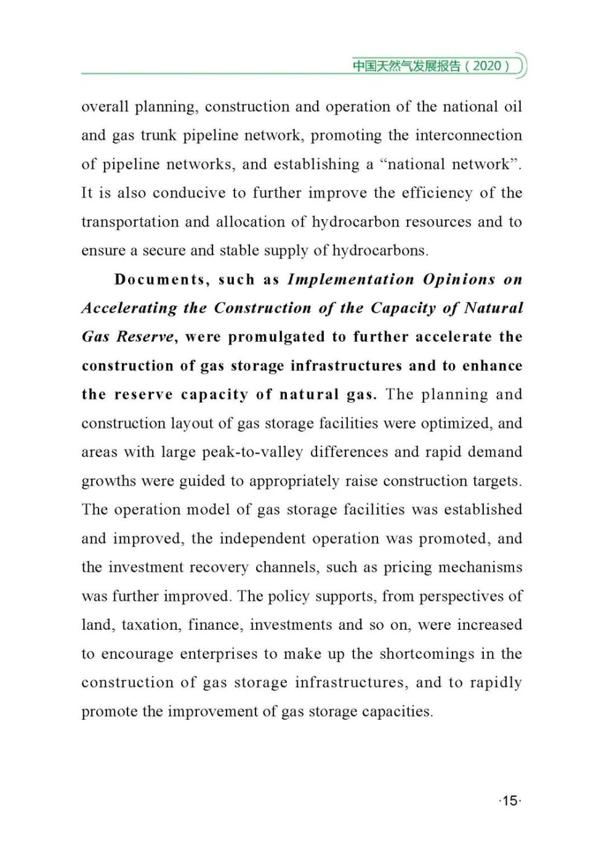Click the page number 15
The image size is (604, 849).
[510, 801]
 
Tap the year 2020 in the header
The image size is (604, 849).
[487, 66]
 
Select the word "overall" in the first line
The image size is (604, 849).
[105, 107]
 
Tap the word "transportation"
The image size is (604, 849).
[129, 222]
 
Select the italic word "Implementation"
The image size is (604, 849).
[351, 280]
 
